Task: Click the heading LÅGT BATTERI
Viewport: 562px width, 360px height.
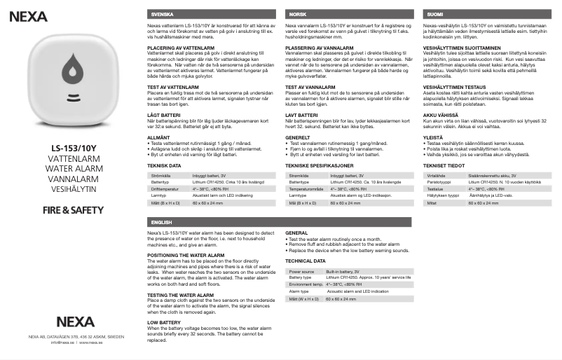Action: (x=165, y=116)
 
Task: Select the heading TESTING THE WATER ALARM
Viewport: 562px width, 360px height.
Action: (x=181, y=295)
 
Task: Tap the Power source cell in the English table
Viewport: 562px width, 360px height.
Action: (x=301, y=270)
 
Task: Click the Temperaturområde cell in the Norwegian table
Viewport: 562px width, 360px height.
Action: (x=307, y=188)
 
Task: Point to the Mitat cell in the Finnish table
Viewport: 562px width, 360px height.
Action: (x=432, y=202)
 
